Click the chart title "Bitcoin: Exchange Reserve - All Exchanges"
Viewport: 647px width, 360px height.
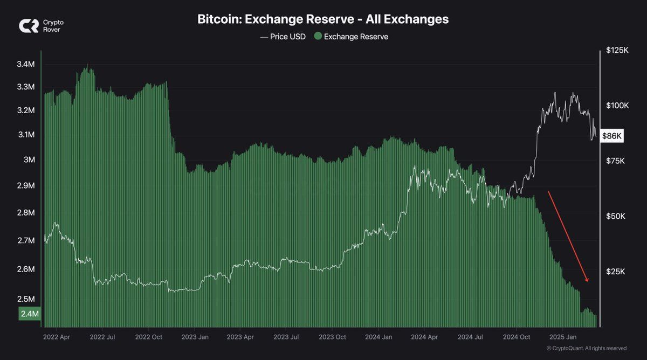pyautogui.click(x=323, y=19)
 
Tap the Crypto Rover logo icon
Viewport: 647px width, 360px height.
pyautogui.click(x=29, y=26)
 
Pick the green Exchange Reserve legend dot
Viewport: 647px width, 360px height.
pyautogui.click(x=318, y=37)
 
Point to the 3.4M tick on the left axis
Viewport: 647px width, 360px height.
pyautogui.click(x=26, y=64)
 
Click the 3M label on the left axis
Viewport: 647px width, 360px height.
pyautogui.click(x=30, y=160)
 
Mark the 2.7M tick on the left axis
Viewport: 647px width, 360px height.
pyautogui.click(x=26, y=240)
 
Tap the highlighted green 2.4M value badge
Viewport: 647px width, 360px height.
pyautogui.click(x=30, y=314)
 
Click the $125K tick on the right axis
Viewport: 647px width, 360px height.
pyautogui.click(x=617, y=50)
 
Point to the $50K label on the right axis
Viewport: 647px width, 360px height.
pyautogui.click(x=616, y=216)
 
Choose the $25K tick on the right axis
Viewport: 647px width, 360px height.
pyautogui.click(x=616, y=272)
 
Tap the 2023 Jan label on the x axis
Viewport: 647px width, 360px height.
pyautogui.click(x=195, y=337)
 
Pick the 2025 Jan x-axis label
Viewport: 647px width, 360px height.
pyautogui.click(x=563, y=337)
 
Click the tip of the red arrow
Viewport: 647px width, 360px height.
pyautogui.click(x=588, y=281)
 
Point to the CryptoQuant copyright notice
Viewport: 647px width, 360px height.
pyautogui.click(x=586, y=349)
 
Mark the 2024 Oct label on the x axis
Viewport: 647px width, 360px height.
pyautogui.click(x=516, y=337)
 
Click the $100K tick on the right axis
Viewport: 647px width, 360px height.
pyautogui.click(x=617, y=106)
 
